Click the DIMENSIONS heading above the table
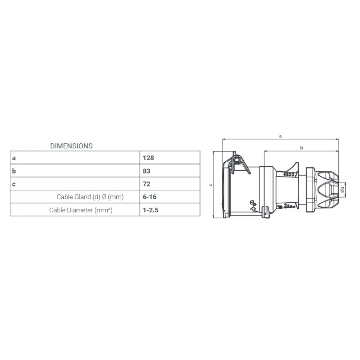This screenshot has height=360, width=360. [x=71, y=146]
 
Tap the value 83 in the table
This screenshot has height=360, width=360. [x=147, y=171]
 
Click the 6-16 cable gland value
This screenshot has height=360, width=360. [x=149, y=197]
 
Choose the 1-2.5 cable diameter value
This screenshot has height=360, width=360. [x=150, y=210]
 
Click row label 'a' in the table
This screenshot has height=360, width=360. [x=14, y=158]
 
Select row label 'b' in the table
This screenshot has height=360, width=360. [x=14, y=171]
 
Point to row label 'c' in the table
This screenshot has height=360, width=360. [x=14, y=184]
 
